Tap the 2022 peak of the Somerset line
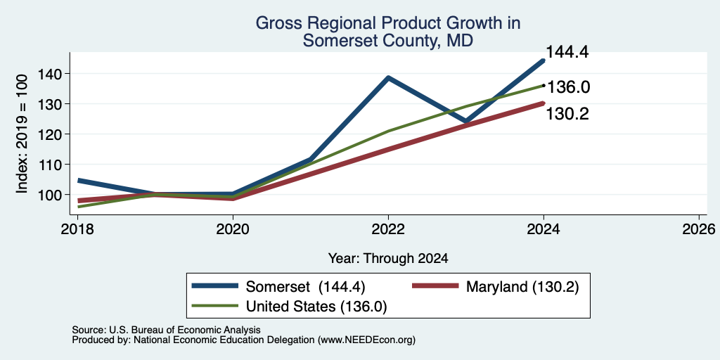(x=388, y=77)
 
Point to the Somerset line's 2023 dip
(x=466, y=122)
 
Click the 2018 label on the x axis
(x=77, y=229)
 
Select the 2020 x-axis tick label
(x=233, y=229)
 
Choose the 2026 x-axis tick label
(x=700, y=229)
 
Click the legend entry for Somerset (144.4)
(x=278, y=287)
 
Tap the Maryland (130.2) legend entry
(x=495, y=287)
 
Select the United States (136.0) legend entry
(x=289, y=306)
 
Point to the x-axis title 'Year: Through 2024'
(x=388, y=258)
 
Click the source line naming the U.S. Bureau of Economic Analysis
(x=166, y=330)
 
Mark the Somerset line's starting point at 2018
(x=79, y=181)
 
